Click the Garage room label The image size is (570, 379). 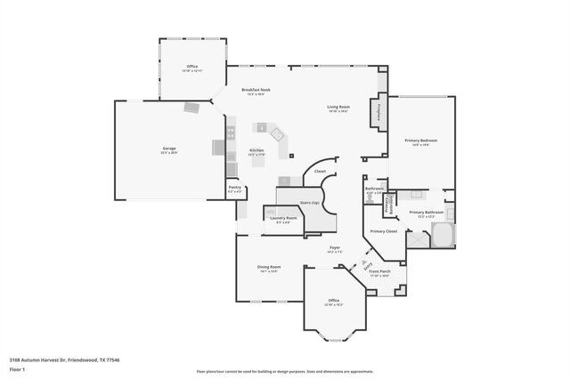pos(168,149)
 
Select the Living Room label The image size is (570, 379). pos(338,107)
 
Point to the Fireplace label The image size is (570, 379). pos(380,112)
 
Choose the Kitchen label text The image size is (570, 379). pos(256,150)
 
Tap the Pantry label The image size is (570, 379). pos(234,187)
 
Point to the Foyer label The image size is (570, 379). pos(335,248)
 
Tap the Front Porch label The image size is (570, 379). pos(380,271)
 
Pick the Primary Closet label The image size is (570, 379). pos(384,231)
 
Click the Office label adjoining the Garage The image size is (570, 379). pos(191,68)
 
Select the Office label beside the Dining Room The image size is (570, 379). pos(333,301)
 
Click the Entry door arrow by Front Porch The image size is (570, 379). pos(366,264)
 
